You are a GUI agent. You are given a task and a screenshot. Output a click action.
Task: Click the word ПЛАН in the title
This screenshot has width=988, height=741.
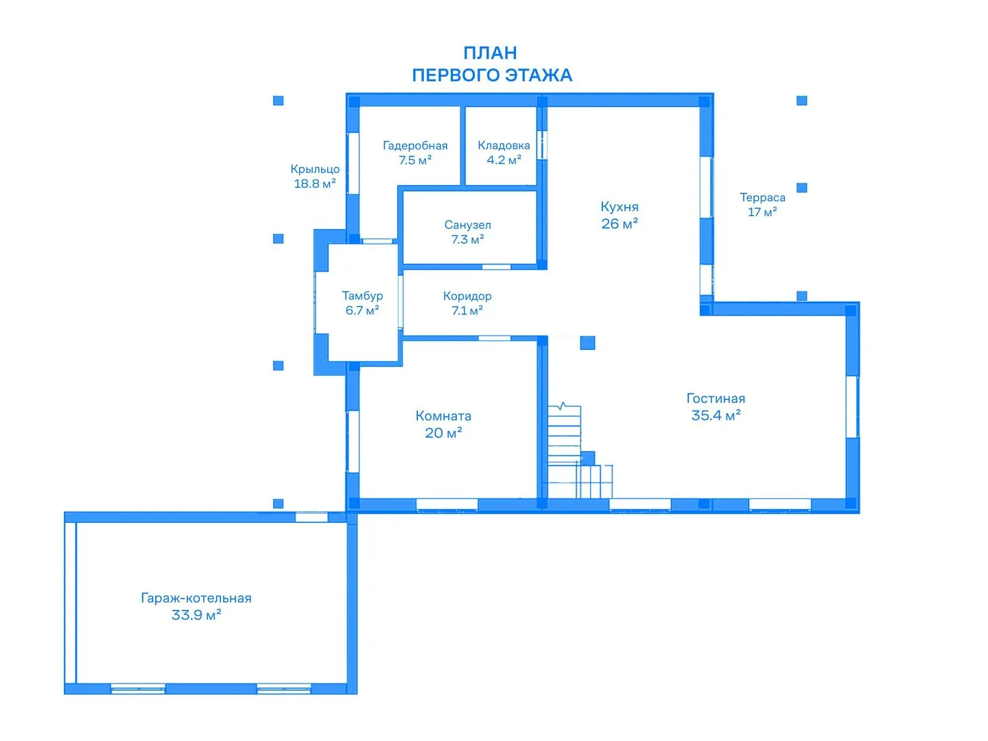490,53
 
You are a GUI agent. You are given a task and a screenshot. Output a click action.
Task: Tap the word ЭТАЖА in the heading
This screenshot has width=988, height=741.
539,75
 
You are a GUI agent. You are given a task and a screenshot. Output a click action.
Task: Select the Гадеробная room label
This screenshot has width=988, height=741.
415,145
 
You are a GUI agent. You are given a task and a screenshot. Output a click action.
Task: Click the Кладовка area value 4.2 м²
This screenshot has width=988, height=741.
504,160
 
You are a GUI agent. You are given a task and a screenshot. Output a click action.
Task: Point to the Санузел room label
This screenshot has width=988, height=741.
467,224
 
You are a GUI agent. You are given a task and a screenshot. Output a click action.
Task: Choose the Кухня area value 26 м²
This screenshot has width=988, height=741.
620,223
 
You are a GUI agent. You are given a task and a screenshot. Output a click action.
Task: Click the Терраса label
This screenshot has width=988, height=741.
762,197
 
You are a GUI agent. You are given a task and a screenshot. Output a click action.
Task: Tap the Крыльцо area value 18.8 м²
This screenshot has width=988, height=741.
315,183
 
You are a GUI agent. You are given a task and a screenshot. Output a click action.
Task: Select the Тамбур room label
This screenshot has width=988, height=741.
362,296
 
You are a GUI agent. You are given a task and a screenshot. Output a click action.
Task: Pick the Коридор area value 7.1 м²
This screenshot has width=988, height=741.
467,310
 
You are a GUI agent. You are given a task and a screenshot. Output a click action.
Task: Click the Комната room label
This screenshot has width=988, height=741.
443,416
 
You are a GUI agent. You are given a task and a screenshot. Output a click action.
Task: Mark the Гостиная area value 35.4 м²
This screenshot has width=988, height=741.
716,415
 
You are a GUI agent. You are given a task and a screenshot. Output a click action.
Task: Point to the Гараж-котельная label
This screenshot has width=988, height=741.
196,598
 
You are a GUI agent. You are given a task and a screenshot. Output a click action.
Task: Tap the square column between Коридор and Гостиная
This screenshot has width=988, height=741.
587,343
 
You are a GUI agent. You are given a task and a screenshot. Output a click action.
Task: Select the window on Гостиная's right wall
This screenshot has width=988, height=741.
851,407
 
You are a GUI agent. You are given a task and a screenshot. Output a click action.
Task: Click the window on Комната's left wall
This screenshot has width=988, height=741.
353,441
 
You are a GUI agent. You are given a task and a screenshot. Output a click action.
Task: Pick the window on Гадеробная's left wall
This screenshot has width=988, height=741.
353,163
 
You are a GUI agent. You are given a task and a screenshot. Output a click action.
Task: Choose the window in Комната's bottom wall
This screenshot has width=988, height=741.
447,504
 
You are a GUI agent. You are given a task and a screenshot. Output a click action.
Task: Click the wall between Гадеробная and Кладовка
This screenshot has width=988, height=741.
462,145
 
